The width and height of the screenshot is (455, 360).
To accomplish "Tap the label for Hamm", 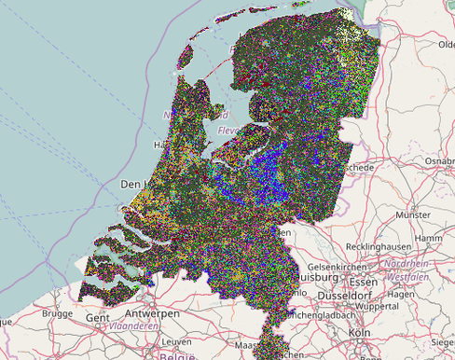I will click(429, 238).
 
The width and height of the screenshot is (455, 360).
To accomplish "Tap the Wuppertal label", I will click(377, 305).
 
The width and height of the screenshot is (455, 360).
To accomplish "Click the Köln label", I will click(358, 333).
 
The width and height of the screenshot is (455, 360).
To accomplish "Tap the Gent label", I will click(96, 318).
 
